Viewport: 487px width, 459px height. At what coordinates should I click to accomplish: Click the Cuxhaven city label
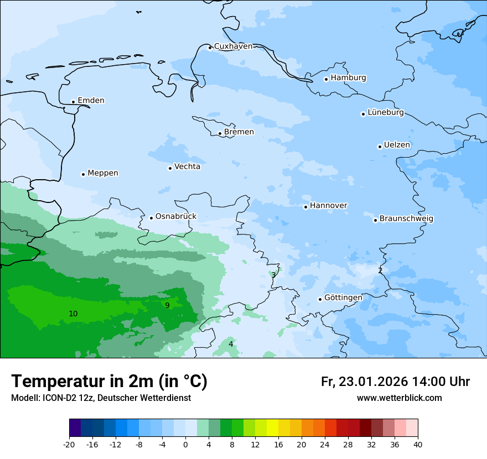point(233,46)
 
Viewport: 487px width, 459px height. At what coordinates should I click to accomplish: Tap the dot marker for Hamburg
point(326,79)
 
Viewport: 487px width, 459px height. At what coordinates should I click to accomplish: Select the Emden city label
point(91,101)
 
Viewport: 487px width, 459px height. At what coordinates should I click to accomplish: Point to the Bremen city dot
point(220,133)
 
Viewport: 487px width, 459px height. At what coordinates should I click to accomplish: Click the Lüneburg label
point(385,113)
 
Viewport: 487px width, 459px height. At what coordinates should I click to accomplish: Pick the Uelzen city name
point(397,145)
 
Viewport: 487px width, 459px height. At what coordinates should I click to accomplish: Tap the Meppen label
point(103,173)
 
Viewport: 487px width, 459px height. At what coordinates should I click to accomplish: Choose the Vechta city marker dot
point(170,168)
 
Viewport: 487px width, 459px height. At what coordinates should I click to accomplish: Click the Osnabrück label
point(176,217)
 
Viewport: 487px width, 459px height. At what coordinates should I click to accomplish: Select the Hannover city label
point(328,206)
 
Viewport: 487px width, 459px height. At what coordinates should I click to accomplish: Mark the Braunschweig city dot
point(375,220)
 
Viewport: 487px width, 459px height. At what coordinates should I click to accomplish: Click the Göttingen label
point(343,298)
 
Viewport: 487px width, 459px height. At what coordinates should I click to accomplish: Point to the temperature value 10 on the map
point(73,314)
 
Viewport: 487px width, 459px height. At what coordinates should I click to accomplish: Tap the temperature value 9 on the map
point(167,305)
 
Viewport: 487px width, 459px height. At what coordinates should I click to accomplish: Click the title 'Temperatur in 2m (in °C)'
point(109,382)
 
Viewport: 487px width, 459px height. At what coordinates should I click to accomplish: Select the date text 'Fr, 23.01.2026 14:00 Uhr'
point(395,382)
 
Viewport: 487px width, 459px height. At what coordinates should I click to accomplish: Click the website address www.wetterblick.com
point(399,398)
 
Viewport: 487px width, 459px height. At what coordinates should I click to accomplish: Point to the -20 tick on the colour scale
point(69,445)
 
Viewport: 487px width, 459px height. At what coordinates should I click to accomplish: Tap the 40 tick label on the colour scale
point(418,445)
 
